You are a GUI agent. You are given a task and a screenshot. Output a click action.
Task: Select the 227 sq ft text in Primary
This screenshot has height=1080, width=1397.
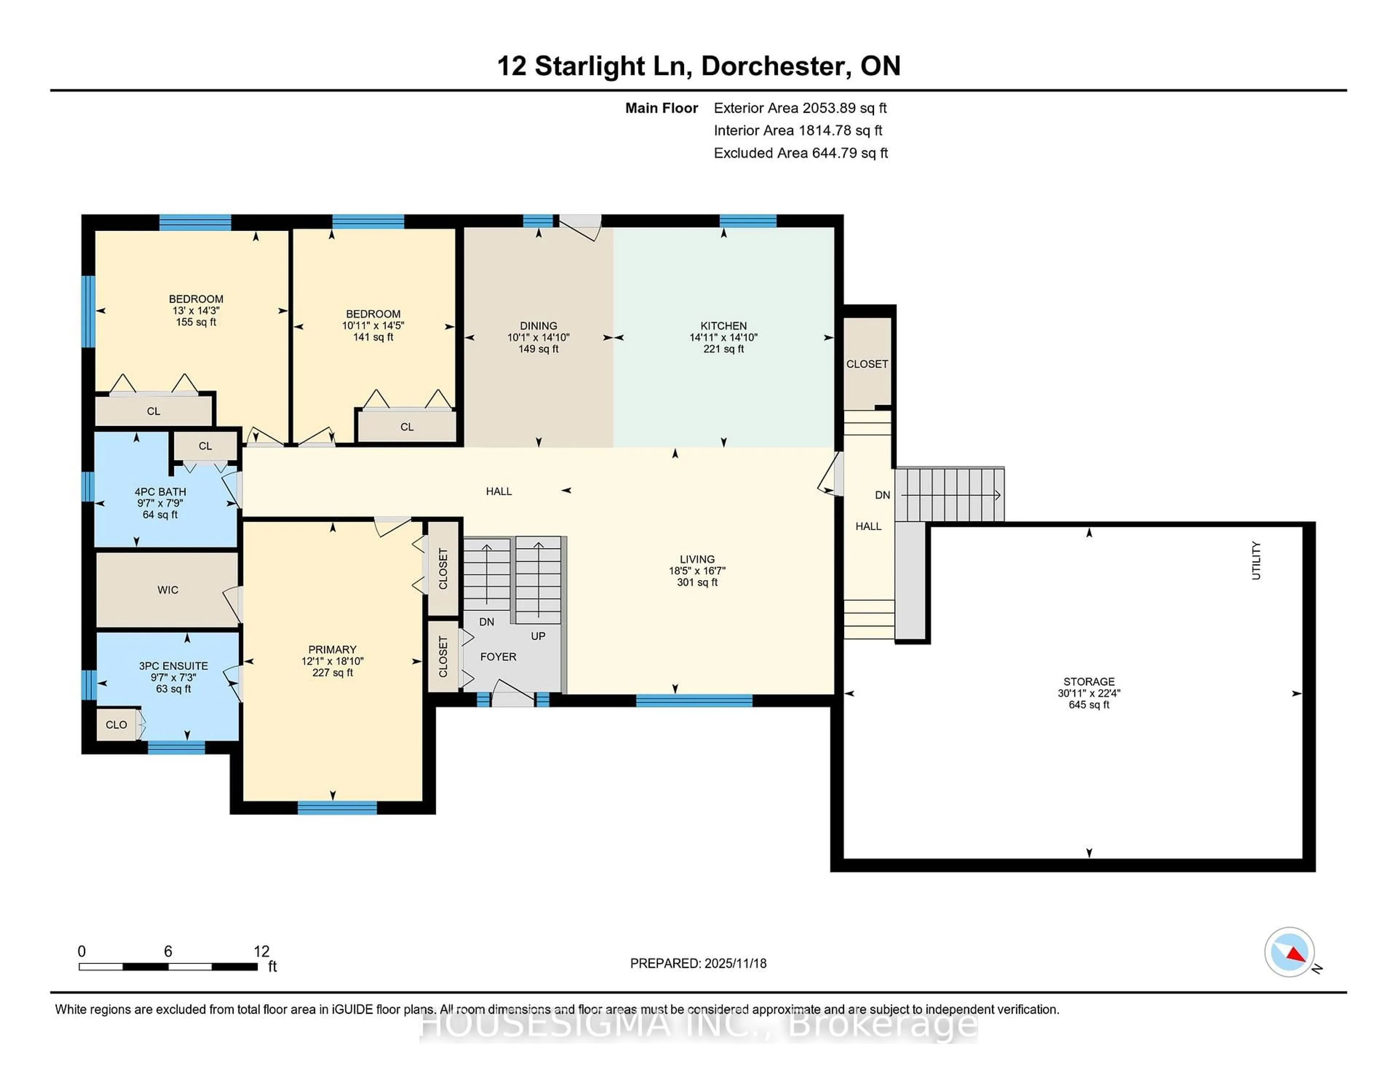pos(332,672)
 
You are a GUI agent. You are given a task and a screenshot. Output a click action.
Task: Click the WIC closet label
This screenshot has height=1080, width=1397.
pos(168,590)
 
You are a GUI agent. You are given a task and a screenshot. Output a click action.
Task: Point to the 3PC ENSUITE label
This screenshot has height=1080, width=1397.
pos(173,666)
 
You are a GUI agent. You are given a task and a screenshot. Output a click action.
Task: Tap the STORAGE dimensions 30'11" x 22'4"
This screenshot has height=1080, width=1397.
pos(1089,693)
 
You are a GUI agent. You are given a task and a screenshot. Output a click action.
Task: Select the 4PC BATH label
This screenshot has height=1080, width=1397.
pos(160,491)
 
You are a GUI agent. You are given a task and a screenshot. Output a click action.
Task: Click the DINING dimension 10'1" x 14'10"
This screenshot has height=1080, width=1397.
pos(538,337)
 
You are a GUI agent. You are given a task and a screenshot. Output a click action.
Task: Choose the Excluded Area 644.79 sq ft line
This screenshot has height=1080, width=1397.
pos(800,153)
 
